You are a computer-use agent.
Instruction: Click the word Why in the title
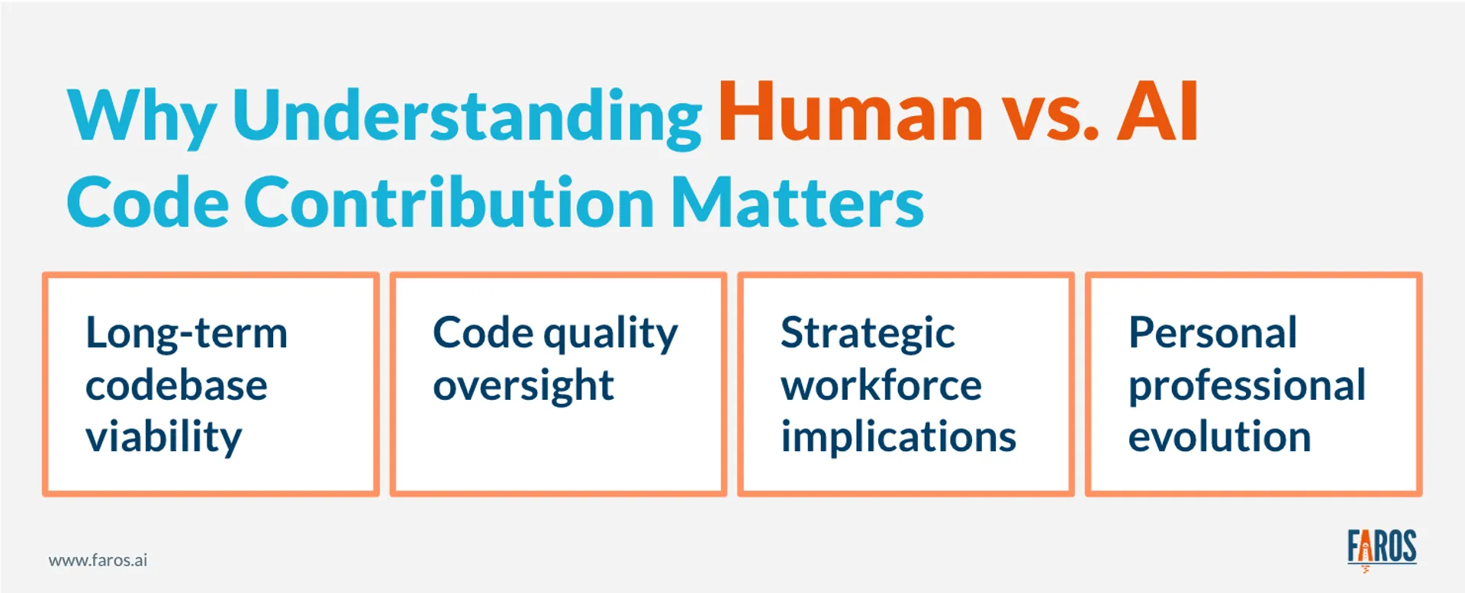tap(142, 116)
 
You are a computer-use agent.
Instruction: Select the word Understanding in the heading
tap(467, 116)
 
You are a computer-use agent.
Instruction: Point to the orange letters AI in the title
tap(1158, 113)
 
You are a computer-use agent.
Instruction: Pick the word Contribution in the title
tap(449, 203)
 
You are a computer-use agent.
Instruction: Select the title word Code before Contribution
tap(148, 203)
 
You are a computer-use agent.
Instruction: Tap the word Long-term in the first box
tap(186, 334)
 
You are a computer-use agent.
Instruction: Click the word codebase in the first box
tap(176, 385)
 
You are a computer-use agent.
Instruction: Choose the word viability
tap(163, 437)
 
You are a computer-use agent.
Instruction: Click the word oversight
tap(523, 385)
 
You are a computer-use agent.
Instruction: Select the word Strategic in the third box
tap(867, 334)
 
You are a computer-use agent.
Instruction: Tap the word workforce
tap(881, 385)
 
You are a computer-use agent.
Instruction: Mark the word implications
tap(898, 437)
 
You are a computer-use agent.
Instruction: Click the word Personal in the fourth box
tap(1212, 334)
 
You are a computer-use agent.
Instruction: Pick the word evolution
tap(1219, 437)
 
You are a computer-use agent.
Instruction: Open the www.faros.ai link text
tap(98, 560)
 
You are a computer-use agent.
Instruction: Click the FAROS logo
tap(1381, 548)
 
